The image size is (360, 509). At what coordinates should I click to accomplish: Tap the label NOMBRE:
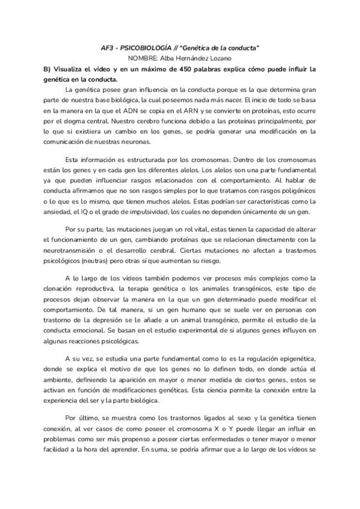[x=143, y=58]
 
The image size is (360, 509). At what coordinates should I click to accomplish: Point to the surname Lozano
[x=220, y=58]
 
